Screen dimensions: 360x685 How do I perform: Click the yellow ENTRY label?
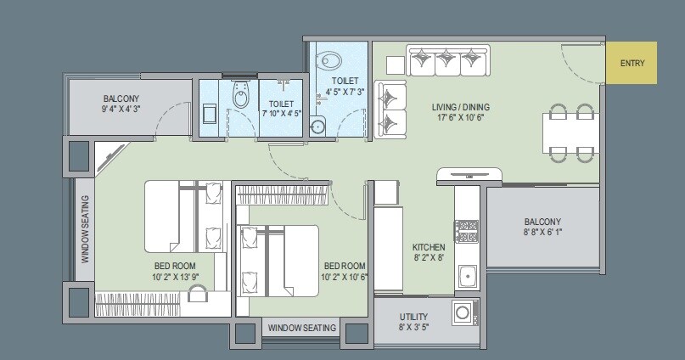632,63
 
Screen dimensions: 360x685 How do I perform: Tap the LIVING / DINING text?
460,107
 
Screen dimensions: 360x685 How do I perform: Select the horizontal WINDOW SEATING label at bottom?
302,328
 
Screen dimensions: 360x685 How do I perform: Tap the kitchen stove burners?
467,232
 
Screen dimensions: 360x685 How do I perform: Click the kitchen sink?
466,275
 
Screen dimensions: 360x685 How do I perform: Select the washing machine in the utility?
464,312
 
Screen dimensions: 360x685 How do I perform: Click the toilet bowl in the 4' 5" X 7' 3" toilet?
329,60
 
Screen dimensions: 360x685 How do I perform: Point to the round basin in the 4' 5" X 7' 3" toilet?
319,127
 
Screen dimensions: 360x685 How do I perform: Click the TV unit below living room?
470,176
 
